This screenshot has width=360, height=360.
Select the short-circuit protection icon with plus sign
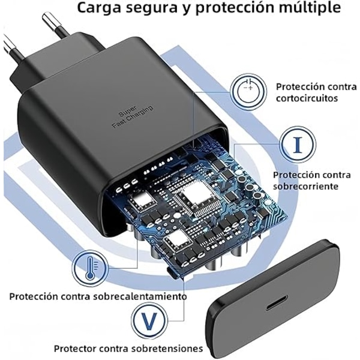click(248, 92)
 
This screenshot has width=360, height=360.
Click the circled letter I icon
click(298, 145)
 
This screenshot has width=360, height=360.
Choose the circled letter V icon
click(149, 320)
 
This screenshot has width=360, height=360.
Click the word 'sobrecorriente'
click(305, 186)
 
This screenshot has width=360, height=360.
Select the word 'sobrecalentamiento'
click(140, 296)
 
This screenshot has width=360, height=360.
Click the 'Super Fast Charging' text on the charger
click(133, 116)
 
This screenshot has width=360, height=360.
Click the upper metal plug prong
click(55, 25)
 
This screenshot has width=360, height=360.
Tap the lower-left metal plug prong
click(12, 47)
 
